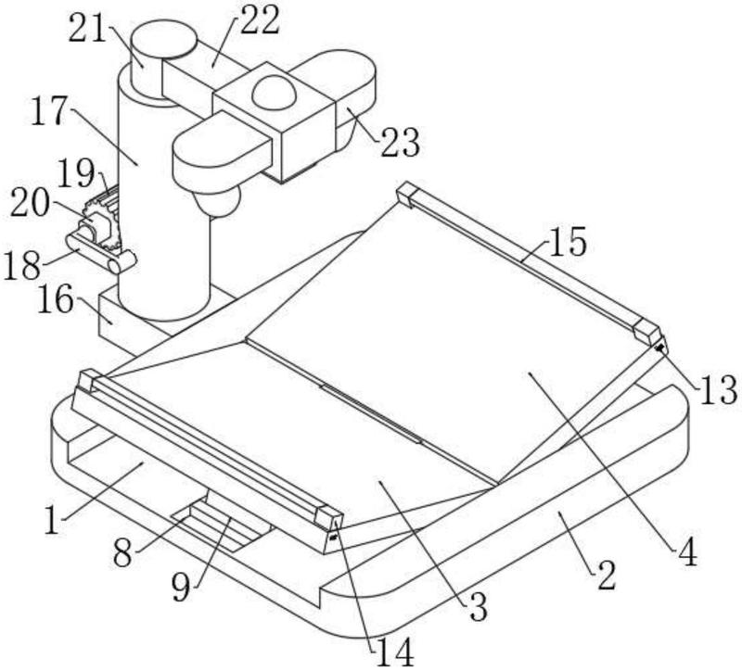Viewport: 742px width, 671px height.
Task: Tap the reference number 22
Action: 260,20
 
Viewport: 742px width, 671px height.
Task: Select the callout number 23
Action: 401,143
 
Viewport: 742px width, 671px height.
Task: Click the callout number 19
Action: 76,173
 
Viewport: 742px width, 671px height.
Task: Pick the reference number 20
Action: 30,204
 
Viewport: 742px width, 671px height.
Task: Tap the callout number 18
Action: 22,265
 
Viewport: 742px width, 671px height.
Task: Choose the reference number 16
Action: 56,299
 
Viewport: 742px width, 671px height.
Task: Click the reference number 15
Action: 568,241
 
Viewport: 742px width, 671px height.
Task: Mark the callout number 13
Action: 719,389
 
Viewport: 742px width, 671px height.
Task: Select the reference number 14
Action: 395,653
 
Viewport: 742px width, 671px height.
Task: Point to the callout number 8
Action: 122,553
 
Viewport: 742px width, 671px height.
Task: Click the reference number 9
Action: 181,588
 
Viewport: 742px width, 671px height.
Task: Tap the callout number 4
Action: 687,551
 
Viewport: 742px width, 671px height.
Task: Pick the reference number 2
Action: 607,575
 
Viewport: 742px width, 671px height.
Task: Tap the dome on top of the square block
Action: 274,90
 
